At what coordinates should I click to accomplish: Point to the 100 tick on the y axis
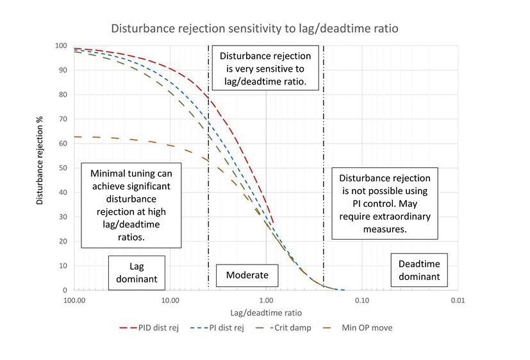(61, 46)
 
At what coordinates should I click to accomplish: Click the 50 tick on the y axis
(63, 168)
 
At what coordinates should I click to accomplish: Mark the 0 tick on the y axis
(65, 290)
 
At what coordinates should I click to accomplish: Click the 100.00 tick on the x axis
(75, 300)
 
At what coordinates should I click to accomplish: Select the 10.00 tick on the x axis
(170, 300)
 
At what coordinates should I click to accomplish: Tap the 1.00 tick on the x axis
(266, 300)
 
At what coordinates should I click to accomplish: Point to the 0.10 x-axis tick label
(362, 300)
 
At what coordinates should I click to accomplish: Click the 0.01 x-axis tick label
(457, 300)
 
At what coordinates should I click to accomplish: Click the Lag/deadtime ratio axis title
(266, 313)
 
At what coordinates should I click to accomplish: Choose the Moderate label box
(247, 276)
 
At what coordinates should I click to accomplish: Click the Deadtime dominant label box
(419, 270)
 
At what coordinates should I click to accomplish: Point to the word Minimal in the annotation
(108, 174)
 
